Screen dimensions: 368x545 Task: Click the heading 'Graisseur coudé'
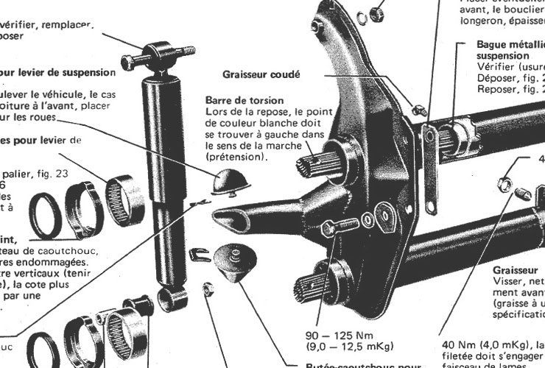point(261,74)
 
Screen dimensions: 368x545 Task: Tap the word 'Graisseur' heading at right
point(513,270)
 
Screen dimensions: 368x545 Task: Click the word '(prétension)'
point(236,158)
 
